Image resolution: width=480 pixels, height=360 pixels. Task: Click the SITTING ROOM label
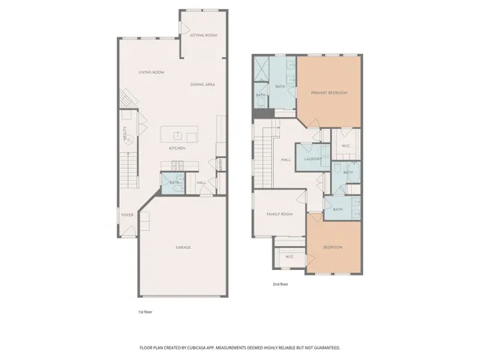tap(203, 35)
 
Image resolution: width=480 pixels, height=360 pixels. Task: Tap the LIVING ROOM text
tap(151, 72)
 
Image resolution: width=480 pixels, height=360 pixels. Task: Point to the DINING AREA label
tap(202, 85)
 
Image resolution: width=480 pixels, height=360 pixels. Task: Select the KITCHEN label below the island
tap(177, 148)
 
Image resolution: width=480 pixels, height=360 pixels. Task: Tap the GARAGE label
tap(183, 247)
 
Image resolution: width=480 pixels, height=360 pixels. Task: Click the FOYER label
tap(127, 215)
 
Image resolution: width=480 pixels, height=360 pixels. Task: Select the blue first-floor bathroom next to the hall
tap(174, 182)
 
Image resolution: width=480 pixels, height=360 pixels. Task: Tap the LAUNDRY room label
tap(313, 159)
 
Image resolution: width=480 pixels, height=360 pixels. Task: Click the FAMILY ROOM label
tap(280, 214)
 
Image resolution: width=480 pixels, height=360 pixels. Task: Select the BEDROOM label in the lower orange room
tap(333, 247)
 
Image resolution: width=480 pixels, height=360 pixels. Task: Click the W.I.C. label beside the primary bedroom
tap(346, 145)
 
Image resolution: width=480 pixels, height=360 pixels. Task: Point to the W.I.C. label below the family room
tap(289, 257)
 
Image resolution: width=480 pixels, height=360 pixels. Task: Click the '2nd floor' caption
tap(281, 284)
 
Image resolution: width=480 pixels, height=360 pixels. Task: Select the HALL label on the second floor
tap(286, 160)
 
